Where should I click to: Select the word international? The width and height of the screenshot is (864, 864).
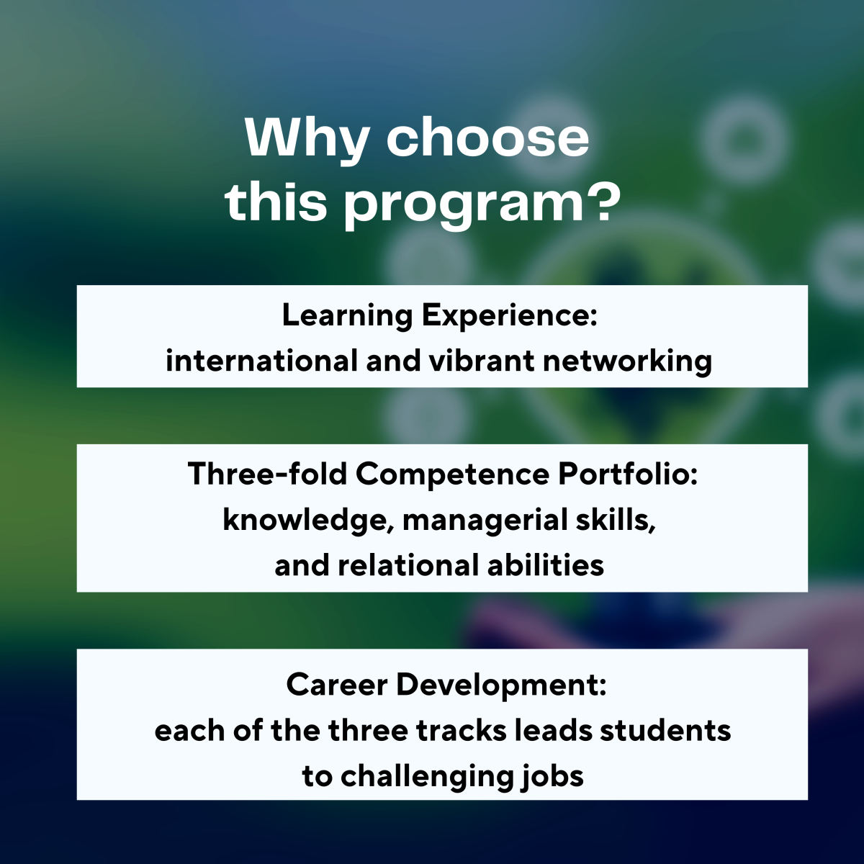coord(262,361)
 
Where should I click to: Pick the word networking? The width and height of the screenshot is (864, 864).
coord(628,361)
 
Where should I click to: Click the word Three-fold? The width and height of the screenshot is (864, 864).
coord(267,474)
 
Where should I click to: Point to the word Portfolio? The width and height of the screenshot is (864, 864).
coord(628,474)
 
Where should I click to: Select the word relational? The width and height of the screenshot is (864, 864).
coord(408,565)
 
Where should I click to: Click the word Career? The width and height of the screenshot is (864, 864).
coord(337,685)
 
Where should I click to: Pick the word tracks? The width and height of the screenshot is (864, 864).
coord(461,731)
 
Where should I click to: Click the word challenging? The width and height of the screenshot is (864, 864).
coord(426,778)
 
